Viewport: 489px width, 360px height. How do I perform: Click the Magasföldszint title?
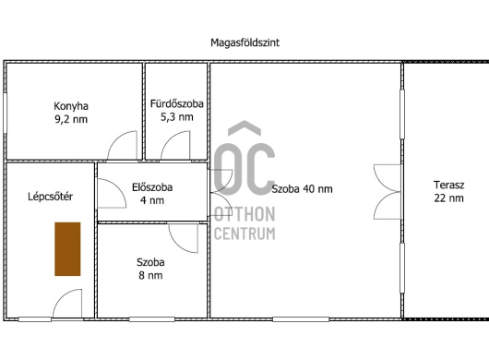pos(244,42)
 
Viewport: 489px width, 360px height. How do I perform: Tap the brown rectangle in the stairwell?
pos(67,249)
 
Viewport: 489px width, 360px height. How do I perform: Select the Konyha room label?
pos(71,106)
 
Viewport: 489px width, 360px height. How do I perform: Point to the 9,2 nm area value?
pos(71,119)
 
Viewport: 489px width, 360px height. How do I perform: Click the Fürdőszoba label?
pos(177,103)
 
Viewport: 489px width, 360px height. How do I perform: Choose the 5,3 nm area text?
pos(177,117)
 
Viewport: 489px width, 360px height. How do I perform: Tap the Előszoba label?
pos(152,187)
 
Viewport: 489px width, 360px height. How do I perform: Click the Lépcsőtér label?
pos(50,197)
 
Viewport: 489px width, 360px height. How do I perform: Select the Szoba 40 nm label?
pos(302,188)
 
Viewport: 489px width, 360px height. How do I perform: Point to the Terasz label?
pos(448,185)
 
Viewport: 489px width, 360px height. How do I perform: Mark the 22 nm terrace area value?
pos(448,198)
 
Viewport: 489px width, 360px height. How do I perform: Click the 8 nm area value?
pos(150,275)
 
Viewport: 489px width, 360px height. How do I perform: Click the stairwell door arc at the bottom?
pos(63,295)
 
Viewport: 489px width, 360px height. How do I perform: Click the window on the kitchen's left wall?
pos(5,113)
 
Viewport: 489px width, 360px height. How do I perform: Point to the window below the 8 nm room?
pos(152,319)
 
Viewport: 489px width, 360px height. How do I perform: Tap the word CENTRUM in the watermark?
pos(244,234)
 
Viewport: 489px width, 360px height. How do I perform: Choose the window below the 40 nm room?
pos(301,319)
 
